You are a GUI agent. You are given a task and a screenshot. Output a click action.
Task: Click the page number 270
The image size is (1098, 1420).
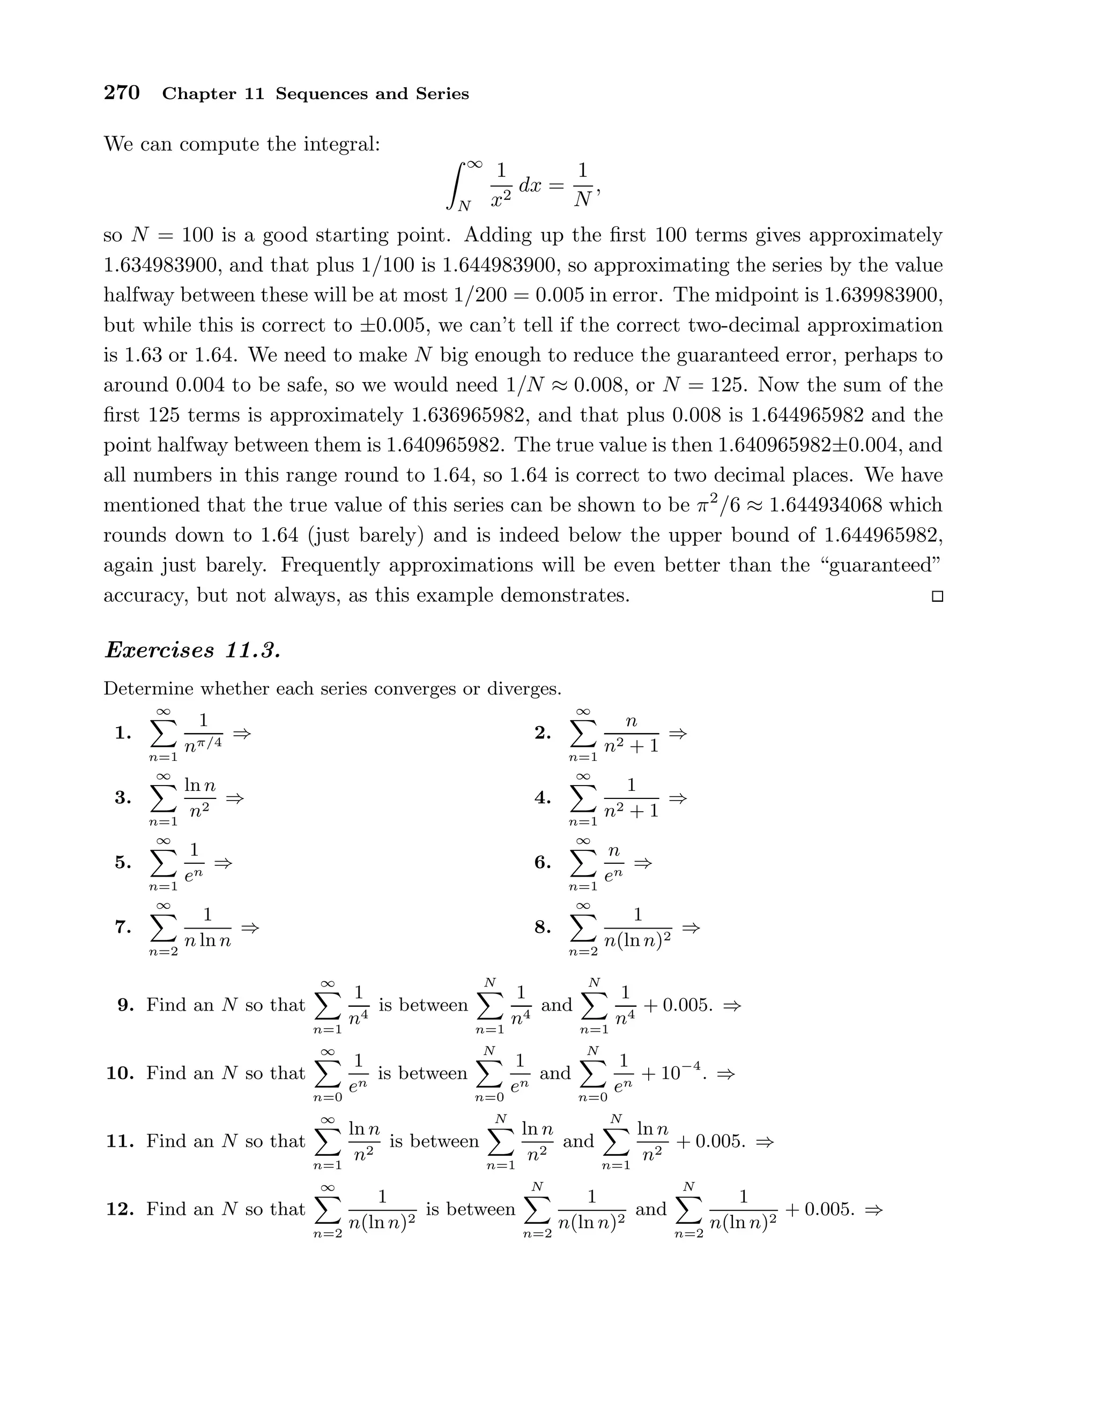point(122,93)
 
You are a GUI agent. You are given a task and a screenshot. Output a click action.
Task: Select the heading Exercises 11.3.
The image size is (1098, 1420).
point(192,650)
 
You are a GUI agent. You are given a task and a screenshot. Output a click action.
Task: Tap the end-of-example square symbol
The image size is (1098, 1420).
point(937,596)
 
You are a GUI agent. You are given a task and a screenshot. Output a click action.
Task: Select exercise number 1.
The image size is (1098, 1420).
point(123,734)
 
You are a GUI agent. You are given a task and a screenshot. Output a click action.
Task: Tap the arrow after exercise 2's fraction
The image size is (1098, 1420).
point(678,734)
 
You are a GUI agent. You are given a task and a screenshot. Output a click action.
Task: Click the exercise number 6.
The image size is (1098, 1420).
point(543,863)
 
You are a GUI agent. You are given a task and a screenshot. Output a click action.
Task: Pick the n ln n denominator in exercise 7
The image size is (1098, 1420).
point(207,941)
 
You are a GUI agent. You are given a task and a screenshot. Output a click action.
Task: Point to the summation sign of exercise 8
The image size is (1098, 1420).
point(583,929)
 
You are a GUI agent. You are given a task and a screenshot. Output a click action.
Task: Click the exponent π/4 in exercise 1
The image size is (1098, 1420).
point(211,742)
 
